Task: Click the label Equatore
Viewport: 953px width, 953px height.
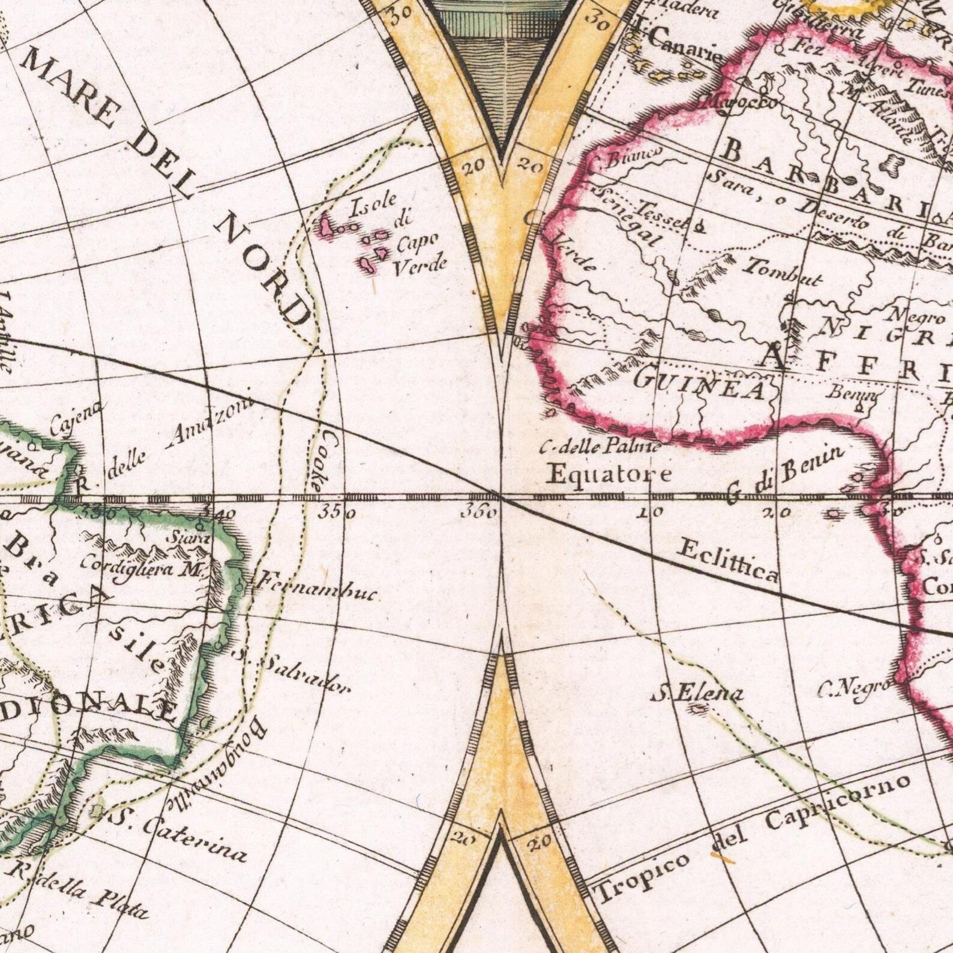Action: coord(610,475)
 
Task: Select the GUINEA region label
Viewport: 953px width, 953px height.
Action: coord(699,384)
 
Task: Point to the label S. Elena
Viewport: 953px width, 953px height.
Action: coord(697,694)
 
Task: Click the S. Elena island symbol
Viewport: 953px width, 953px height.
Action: coord(698,710)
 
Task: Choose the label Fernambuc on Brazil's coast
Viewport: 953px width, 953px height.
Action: coord(316,588)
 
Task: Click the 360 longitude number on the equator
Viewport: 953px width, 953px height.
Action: coord(478,514)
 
